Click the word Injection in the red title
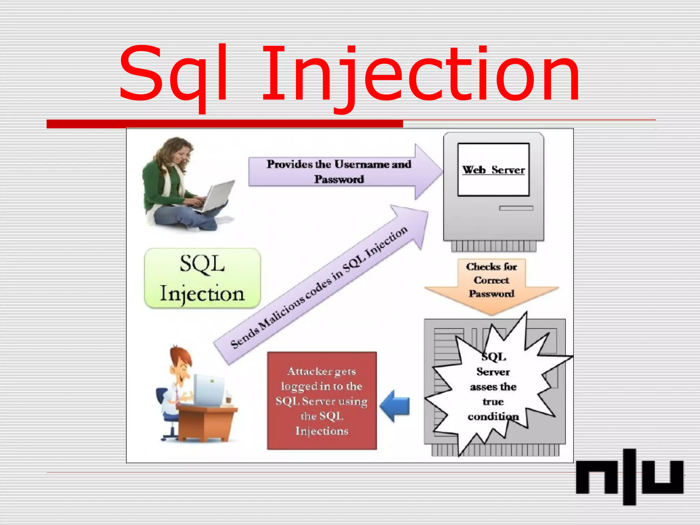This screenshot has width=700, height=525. point(420,75)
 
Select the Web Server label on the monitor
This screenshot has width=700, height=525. point(493,170)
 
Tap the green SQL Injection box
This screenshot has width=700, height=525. point(202,278)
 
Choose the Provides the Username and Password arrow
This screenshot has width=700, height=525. point(342,172)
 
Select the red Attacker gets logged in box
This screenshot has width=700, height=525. point(322,401)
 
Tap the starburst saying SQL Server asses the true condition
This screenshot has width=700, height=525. point(493,386)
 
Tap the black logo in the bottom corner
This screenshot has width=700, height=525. point(630,477)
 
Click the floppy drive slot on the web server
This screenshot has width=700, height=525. point(516,208)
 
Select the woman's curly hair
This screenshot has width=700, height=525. point(171,150)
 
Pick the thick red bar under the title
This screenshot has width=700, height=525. point(225,124)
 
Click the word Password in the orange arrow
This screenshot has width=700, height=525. point(492,294)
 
